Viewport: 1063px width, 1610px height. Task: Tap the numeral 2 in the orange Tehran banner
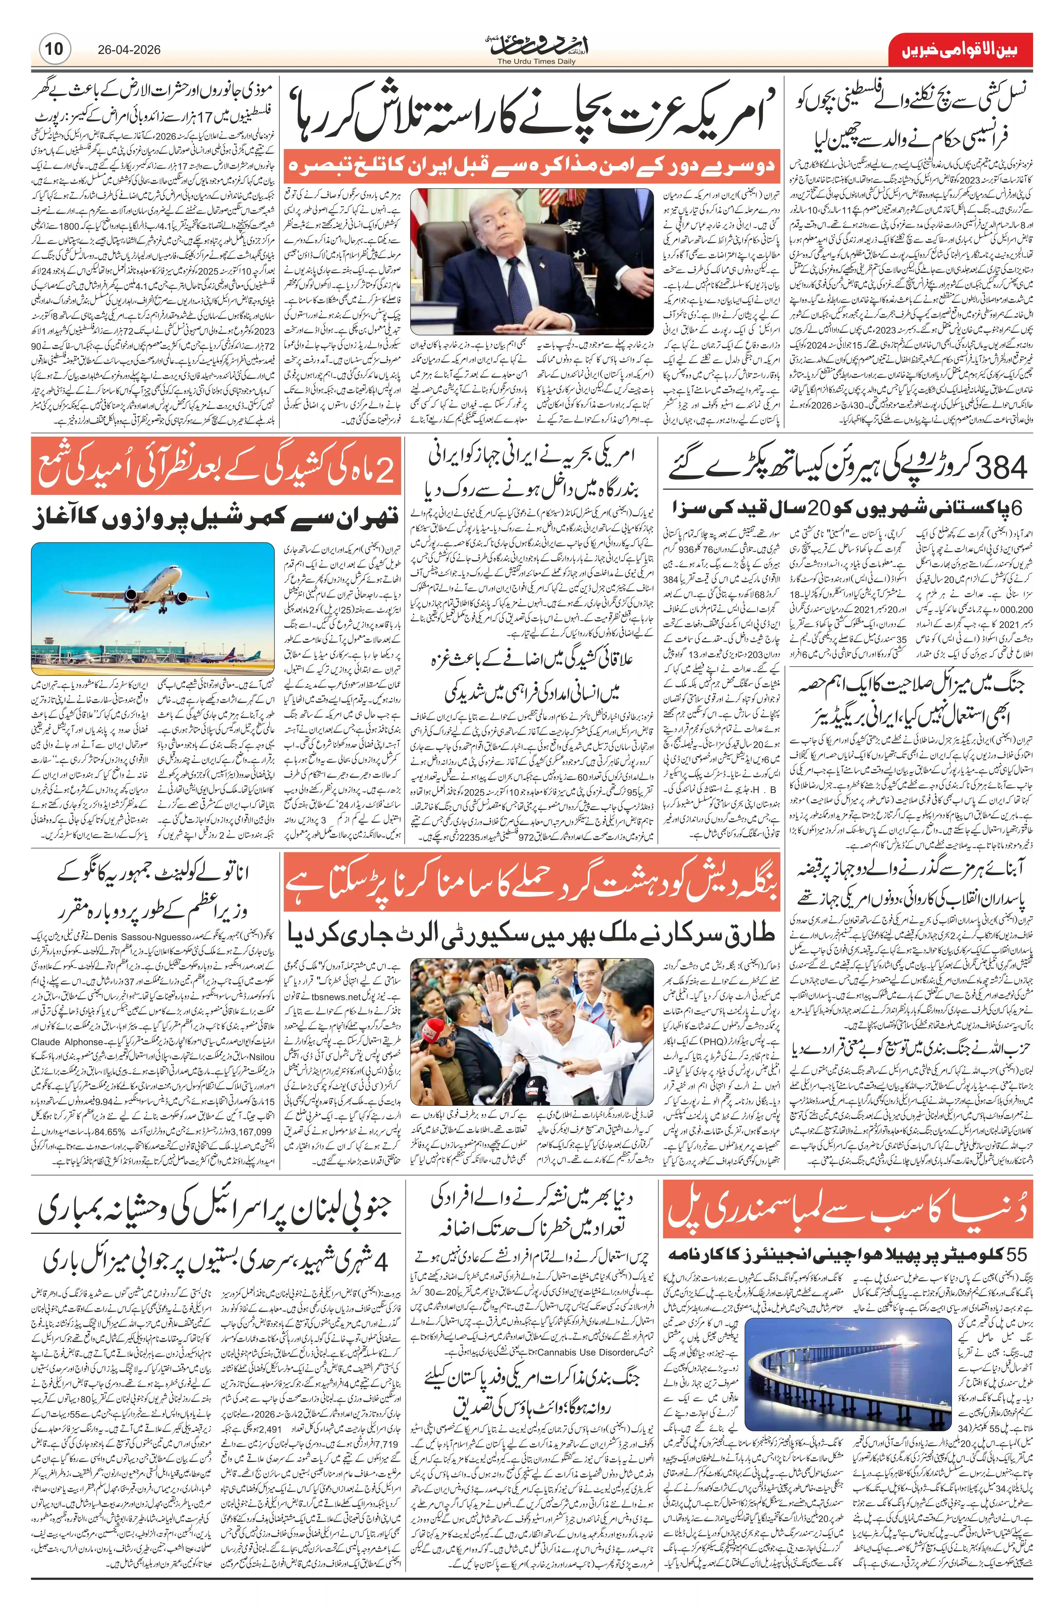click(383, 472)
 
